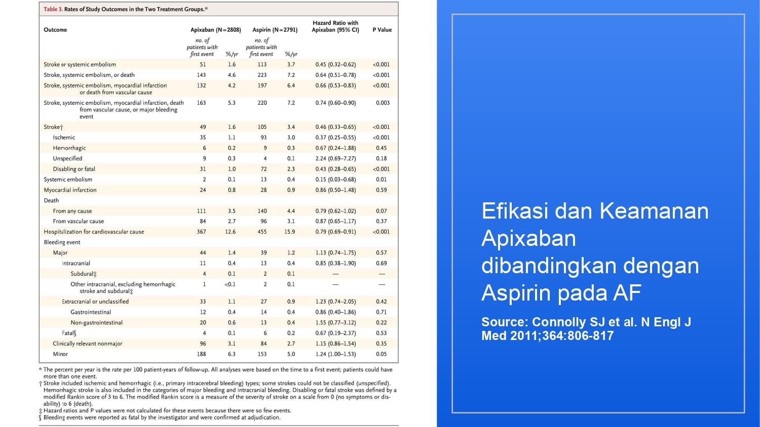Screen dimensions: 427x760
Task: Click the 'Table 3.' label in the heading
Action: pos(53,9)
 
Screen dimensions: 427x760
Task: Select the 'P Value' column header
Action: pos(382,30)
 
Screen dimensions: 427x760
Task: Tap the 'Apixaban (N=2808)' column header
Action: pos(216,30)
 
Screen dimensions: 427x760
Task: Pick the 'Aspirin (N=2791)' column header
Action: pos(275,30)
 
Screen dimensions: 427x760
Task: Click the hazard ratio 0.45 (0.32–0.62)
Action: pos(335,65)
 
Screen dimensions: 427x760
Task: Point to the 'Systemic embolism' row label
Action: pos(68,180)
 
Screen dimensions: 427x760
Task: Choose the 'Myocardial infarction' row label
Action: pos(70,190)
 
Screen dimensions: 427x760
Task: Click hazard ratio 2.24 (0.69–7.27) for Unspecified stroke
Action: pos(335,159)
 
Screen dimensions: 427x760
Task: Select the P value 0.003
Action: pos(383,103)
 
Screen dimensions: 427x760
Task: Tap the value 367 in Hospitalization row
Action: pos(202,232)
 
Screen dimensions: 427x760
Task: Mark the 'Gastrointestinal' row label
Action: pos(91,312)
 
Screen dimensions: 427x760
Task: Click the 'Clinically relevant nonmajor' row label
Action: pos(88,344)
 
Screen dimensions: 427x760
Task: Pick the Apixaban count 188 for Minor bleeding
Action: pos(202,354)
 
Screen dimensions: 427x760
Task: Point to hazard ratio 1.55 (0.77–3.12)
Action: pos(335,323)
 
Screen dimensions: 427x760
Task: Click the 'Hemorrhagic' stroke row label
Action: pos(69,148)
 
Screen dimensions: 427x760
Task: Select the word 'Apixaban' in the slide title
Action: pos(528,238)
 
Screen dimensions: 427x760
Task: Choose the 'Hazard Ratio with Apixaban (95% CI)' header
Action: pos(335,26)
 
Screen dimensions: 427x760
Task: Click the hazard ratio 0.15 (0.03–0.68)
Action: pos(335,180)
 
